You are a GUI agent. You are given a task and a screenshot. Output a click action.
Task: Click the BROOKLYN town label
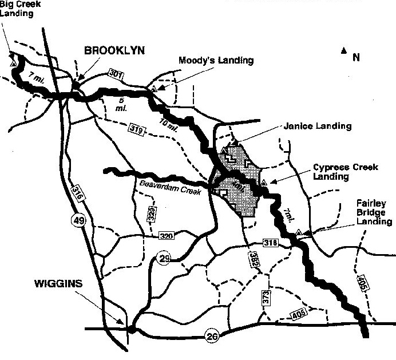pyautogui.click(x=114, y=50)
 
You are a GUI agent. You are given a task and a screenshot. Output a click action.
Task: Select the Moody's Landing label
pyautogui.click(x=215, y=60)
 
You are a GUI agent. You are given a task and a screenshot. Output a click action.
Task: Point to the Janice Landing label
pyautogui.click(x=318, y=126)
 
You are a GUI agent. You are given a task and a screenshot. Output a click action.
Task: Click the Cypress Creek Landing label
pyautogui.click(x=339, y=172)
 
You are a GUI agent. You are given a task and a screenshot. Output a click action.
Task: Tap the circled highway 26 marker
pyautogui.click(x=212, y=337)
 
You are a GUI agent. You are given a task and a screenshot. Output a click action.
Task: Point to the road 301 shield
pyautogui.click(x=116, y=74)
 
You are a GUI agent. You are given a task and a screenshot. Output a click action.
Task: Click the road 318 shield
pyautogui.click(x=271, y=243)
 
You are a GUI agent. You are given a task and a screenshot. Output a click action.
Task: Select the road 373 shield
pyautogui.click(x=266, y=298)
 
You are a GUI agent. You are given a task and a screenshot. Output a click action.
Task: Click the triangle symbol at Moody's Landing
pyautogui.click(x=154, y=88)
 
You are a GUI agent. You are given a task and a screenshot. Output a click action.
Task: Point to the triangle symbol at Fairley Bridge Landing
pyautogui.click(x=298, y=232)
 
